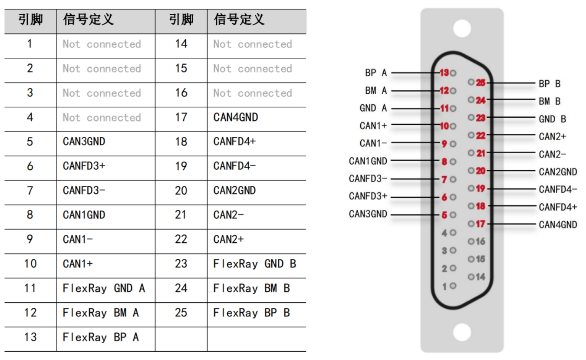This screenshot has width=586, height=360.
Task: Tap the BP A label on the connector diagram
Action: [x=376, y=73]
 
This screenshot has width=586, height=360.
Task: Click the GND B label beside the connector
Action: [x=552, y=119]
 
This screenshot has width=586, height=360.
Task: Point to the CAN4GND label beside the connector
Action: [x=558, y=225]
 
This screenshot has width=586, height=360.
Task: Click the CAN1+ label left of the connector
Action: [x=373, y=126]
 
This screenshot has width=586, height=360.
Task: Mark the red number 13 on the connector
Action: [x=444, y=73]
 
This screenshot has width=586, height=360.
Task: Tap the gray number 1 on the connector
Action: [x=444, y=287]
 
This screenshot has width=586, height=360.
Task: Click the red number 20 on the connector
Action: [x=481, y=171]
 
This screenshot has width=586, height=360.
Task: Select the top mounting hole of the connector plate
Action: [x=462, y=29]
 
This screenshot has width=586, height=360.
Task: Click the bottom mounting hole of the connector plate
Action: [x=462, y=332]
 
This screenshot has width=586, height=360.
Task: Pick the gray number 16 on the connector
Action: [x=481, y=241]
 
